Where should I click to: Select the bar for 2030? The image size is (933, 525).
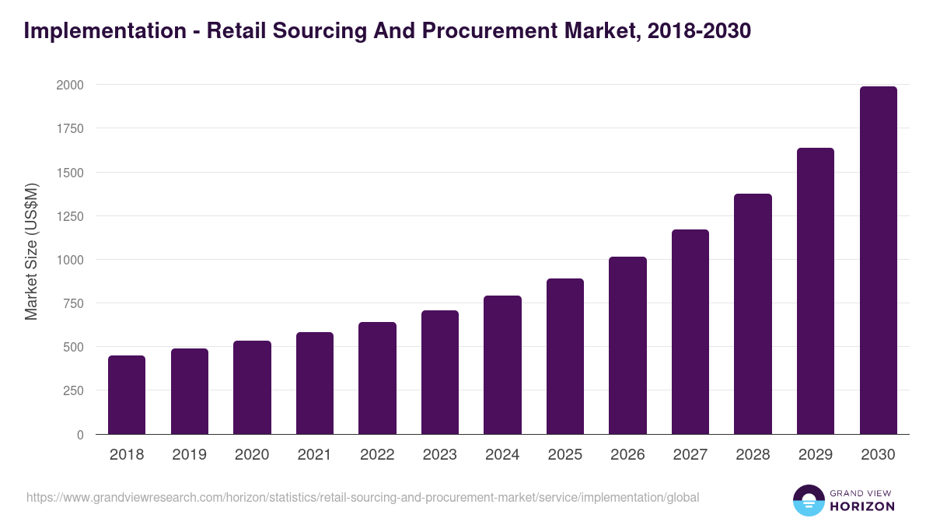coord(878,261)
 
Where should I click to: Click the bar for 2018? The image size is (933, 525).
coord(127,395)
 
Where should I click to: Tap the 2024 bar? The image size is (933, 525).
coord(502,365)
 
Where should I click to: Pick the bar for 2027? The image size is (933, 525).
coord(690,332)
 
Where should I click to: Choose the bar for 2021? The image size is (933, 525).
coord(315,383)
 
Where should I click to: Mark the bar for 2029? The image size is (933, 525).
coord(816,291)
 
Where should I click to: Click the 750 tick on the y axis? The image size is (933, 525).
coord(72,303)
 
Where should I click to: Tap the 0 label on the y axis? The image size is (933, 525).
coord(80,435)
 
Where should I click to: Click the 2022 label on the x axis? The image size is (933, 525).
coord(377,455)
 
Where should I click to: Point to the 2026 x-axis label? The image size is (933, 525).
coord(627,455)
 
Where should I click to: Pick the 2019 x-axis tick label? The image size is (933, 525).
coord(189,455)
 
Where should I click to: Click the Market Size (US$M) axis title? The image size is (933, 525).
coord(31,251)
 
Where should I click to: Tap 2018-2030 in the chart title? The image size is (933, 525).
coord(697,30)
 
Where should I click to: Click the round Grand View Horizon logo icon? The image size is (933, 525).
coord(809,500)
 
